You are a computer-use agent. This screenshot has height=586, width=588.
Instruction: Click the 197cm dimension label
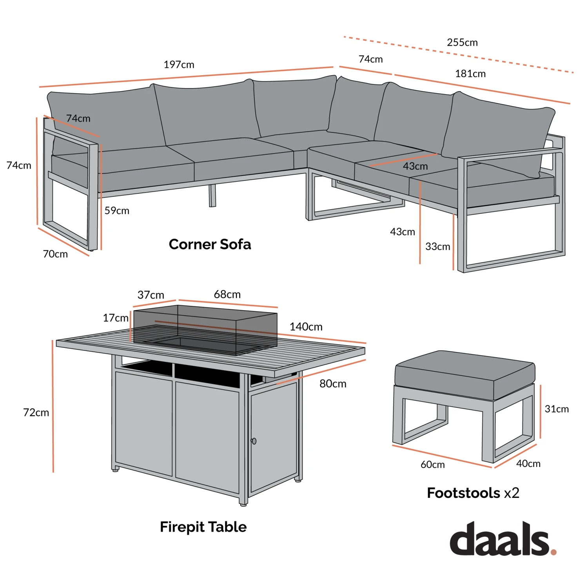(x=179, y=65)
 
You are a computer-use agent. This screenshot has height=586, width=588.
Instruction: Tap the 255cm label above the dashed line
(x=462, y=42)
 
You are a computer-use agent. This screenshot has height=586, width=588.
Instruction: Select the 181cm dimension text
(x=470, y=74)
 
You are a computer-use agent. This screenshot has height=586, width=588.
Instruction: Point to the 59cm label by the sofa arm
(x=117, y=211)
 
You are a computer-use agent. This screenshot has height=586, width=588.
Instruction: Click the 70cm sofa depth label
(x=55, y=254)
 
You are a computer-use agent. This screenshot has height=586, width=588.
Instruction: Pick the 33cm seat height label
(x=437, y=247)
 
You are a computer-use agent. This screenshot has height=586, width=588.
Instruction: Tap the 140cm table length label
(x=306, y=327)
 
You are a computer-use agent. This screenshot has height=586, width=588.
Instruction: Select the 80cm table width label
(x=333, y=384)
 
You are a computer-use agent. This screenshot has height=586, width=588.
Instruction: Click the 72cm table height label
(x=36, y=412)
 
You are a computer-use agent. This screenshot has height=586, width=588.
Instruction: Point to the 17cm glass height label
(x=116, y=318)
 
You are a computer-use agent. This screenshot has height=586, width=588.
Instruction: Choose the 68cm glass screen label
(x=227, y=295)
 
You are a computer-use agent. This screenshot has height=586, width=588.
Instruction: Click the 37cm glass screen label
(x=151, y=295)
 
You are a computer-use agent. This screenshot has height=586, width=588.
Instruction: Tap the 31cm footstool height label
(x=557, y=409)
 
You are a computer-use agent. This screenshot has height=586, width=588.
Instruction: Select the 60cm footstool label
(x=432, y=465)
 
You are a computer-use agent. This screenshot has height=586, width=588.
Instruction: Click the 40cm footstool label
(x=528, y=464)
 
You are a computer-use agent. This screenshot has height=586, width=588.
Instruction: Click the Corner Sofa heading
(x=210, y=244)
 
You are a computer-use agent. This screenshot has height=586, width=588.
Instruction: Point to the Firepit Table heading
(x=203, y=527)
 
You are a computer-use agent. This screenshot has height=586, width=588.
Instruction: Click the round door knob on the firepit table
(x=254, y=441)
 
